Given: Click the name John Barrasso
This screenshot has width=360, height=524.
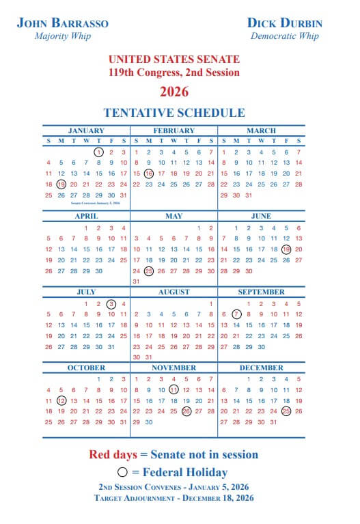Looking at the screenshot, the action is point(62,23).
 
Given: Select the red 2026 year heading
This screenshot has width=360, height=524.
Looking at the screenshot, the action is point(174,92).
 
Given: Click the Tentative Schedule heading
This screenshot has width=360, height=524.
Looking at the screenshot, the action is point(174,113).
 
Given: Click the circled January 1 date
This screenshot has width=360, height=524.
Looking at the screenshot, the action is point(98,152).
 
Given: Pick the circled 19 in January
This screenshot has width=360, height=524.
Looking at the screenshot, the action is point(61,184).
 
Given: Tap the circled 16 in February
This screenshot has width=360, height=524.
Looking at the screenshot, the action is point(149,174).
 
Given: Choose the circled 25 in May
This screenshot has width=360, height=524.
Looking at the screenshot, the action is point(149,271).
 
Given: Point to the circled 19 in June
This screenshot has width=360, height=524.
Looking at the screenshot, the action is point(286,249).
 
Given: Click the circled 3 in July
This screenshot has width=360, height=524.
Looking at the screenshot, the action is point(111,303).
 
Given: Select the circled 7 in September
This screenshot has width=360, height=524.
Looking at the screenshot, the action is point(236,314).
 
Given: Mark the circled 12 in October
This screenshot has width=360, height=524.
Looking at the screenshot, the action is point(61,400).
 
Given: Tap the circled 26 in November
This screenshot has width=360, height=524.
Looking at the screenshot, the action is point(186,411).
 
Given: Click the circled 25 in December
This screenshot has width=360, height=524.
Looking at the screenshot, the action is point(286,411).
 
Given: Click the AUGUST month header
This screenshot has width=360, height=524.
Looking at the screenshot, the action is point(174,292).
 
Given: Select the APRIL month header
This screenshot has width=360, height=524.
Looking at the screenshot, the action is point(86,216).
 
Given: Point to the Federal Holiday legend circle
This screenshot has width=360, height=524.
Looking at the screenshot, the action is point(122,472).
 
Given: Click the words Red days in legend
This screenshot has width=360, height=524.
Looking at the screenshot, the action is point(114,454).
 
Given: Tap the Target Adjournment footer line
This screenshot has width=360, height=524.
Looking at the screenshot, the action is point(174,498).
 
